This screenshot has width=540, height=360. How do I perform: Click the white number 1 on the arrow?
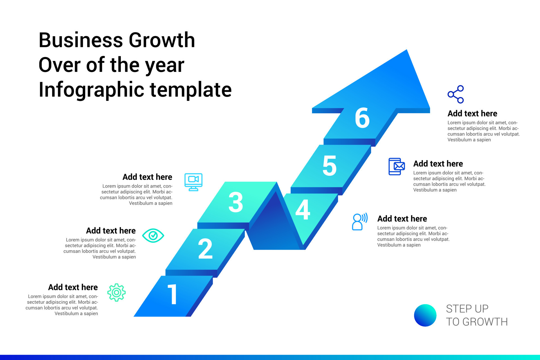[x=172, y=294]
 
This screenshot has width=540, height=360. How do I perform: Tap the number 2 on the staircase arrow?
[x=205, y=249]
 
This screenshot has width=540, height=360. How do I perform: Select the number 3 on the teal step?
[x=236, y=202]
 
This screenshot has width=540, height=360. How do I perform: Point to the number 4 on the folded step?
[x=303, y=210]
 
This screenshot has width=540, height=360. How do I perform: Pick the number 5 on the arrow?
[x=329, y=166]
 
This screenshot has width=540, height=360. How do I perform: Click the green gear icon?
[x=116, y=292]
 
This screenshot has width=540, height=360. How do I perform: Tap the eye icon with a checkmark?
[x=153, y=235]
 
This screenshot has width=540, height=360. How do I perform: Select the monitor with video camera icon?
[x=193, y=182]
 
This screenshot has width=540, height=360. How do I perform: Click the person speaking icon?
[x=359, y=222]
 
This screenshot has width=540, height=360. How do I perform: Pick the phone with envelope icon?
[x=397, y=166]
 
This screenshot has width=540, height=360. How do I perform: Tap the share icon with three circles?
[x=456, y=94]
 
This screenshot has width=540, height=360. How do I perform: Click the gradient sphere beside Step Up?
[x=425, y=315]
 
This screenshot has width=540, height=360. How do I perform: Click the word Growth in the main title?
[x=162, y=40]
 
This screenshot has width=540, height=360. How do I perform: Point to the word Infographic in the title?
[x=91, y=90]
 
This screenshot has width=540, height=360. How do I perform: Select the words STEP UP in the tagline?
[x=467, y=309]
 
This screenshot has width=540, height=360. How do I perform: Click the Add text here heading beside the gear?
[x=73, y=287]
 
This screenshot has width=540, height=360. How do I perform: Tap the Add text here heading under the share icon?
[x=472, y=113]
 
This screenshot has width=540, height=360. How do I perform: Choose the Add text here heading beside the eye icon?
[x=111, y=231]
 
